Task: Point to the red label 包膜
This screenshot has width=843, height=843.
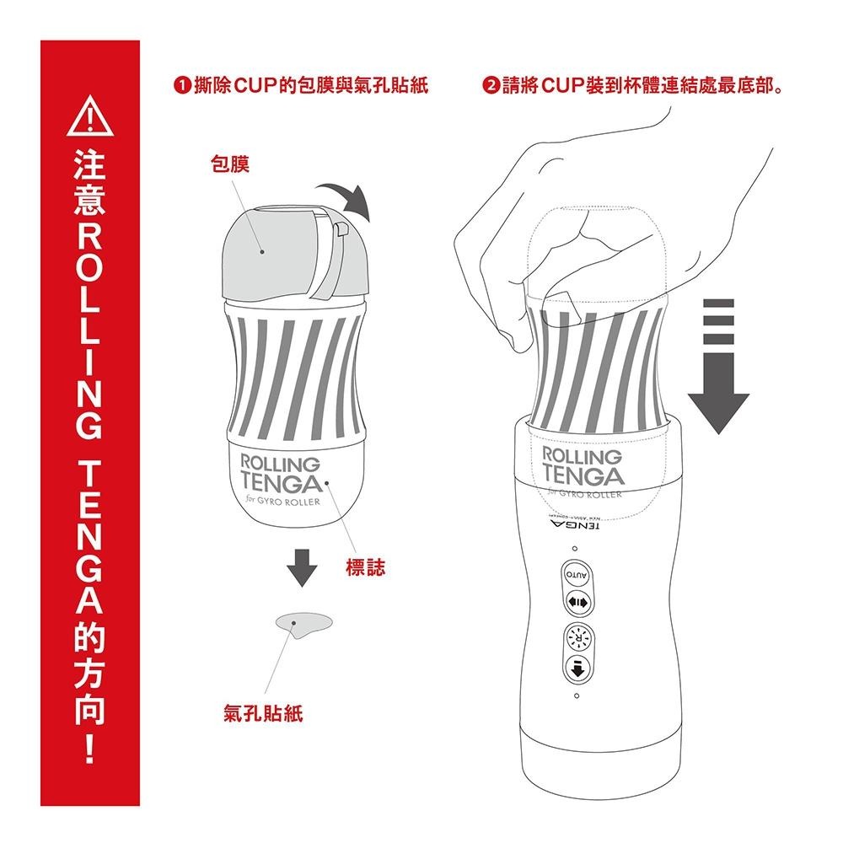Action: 229,166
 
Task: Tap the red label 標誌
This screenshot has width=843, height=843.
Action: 365,567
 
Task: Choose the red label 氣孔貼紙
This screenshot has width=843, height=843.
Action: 263,715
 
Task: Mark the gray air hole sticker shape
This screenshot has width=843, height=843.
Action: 303,623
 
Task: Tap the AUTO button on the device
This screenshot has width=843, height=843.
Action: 577,575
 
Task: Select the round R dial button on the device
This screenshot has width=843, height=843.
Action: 577,638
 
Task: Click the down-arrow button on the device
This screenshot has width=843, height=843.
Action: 577,671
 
